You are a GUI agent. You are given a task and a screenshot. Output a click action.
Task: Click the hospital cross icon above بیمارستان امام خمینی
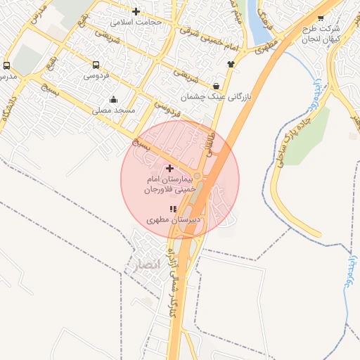click(x=169, y=168)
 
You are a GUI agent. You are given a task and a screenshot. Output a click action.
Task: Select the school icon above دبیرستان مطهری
click(x=173, y=209)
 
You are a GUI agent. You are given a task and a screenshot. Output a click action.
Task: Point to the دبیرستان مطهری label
click(x=173, y=220)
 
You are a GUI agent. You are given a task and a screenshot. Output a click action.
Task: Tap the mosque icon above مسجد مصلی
click(x=114, y=99)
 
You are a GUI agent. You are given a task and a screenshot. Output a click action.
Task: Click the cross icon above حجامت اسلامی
click(x=136, y=11)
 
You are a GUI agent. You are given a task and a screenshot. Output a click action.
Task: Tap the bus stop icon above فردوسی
click(x=96, y=64)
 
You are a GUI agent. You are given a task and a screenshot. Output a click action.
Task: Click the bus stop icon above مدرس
click(x=6, y=65)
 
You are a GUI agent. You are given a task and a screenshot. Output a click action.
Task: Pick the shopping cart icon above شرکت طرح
click(x=321, y=18)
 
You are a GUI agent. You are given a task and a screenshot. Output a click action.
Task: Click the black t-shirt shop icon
click(x=230, y=63)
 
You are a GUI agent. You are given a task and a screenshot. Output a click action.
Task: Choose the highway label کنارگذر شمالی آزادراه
click(x=174, y=281)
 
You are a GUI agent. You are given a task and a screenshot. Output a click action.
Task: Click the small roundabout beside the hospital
click(x=198, y=176)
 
